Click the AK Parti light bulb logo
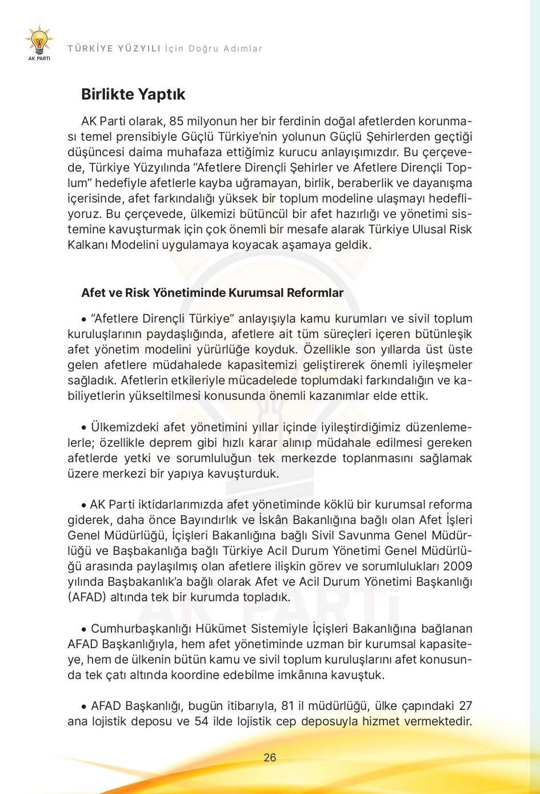click(39, 41)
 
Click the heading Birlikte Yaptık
click(133, 94)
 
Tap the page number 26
click(270, 757)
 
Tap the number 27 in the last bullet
click(465, 705)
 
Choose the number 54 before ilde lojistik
click(201, 721)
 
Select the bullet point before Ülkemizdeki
click(84, 427)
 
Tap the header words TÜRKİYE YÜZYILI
click(114, 49)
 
